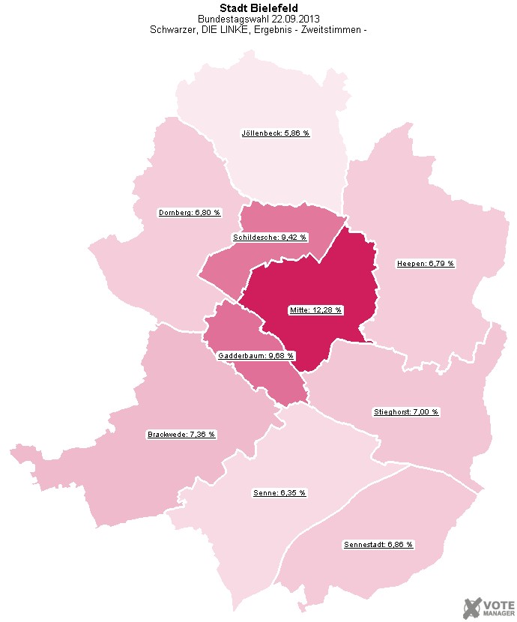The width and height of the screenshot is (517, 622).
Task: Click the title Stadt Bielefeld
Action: pyautogui.click(x=258, y=8)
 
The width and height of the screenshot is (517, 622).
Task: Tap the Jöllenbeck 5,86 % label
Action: pyautogui.click(x=275, y=133)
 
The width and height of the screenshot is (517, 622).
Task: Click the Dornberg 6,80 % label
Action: pyautogui.click(x=190, y=213)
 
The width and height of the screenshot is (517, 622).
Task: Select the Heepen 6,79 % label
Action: pyautogui.click(x=425, y=264)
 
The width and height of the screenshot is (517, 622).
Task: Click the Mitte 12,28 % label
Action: pyautogui.click(x=315, y=310)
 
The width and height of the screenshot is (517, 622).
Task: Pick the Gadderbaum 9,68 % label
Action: pyautogui.click(x=256, y=355)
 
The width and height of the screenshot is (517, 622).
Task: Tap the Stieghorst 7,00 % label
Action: pyautogui.click(x=406, y=412)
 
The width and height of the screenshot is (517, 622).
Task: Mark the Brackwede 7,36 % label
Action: pyautogui.click(x=181, y=435)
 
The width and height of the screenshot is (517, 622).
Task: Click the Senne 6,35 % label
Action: pyautogui.click(x=279, y=493)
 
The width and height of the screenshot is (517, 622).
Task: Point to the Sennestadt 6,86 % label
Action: pyautogui.click(x=378, y=544)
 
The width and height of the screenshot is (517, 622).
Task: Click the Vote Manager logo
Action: pyautogui.click(x=488, y=607)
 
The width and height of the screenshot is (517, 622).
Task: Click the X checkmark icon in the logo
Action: pyautogui.click(x=472, y=607)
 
